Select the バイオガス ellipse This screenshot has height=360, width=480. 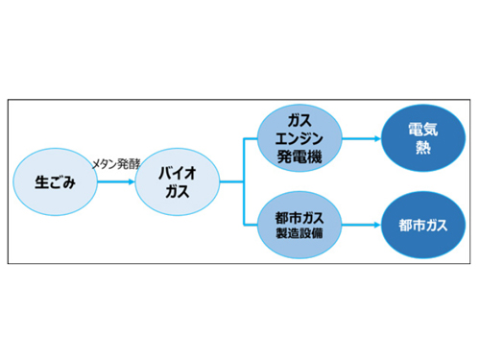[x=177, y=180]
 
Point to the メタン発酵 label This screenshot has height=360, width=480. [x=114, y=164]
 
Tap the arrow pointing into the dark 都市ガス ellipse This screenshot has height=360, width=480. [x=360, y=227]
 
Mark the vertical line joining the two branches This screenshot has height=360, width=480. [x=242, y=180]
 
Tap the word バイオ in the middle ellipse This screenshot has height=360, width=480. [x=177, y=172]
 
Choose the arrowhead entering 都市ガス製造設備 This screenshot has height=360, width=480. [x=256, y=227]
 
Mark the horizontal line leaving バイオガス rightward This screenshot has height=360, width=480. [x=230, y=180]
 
